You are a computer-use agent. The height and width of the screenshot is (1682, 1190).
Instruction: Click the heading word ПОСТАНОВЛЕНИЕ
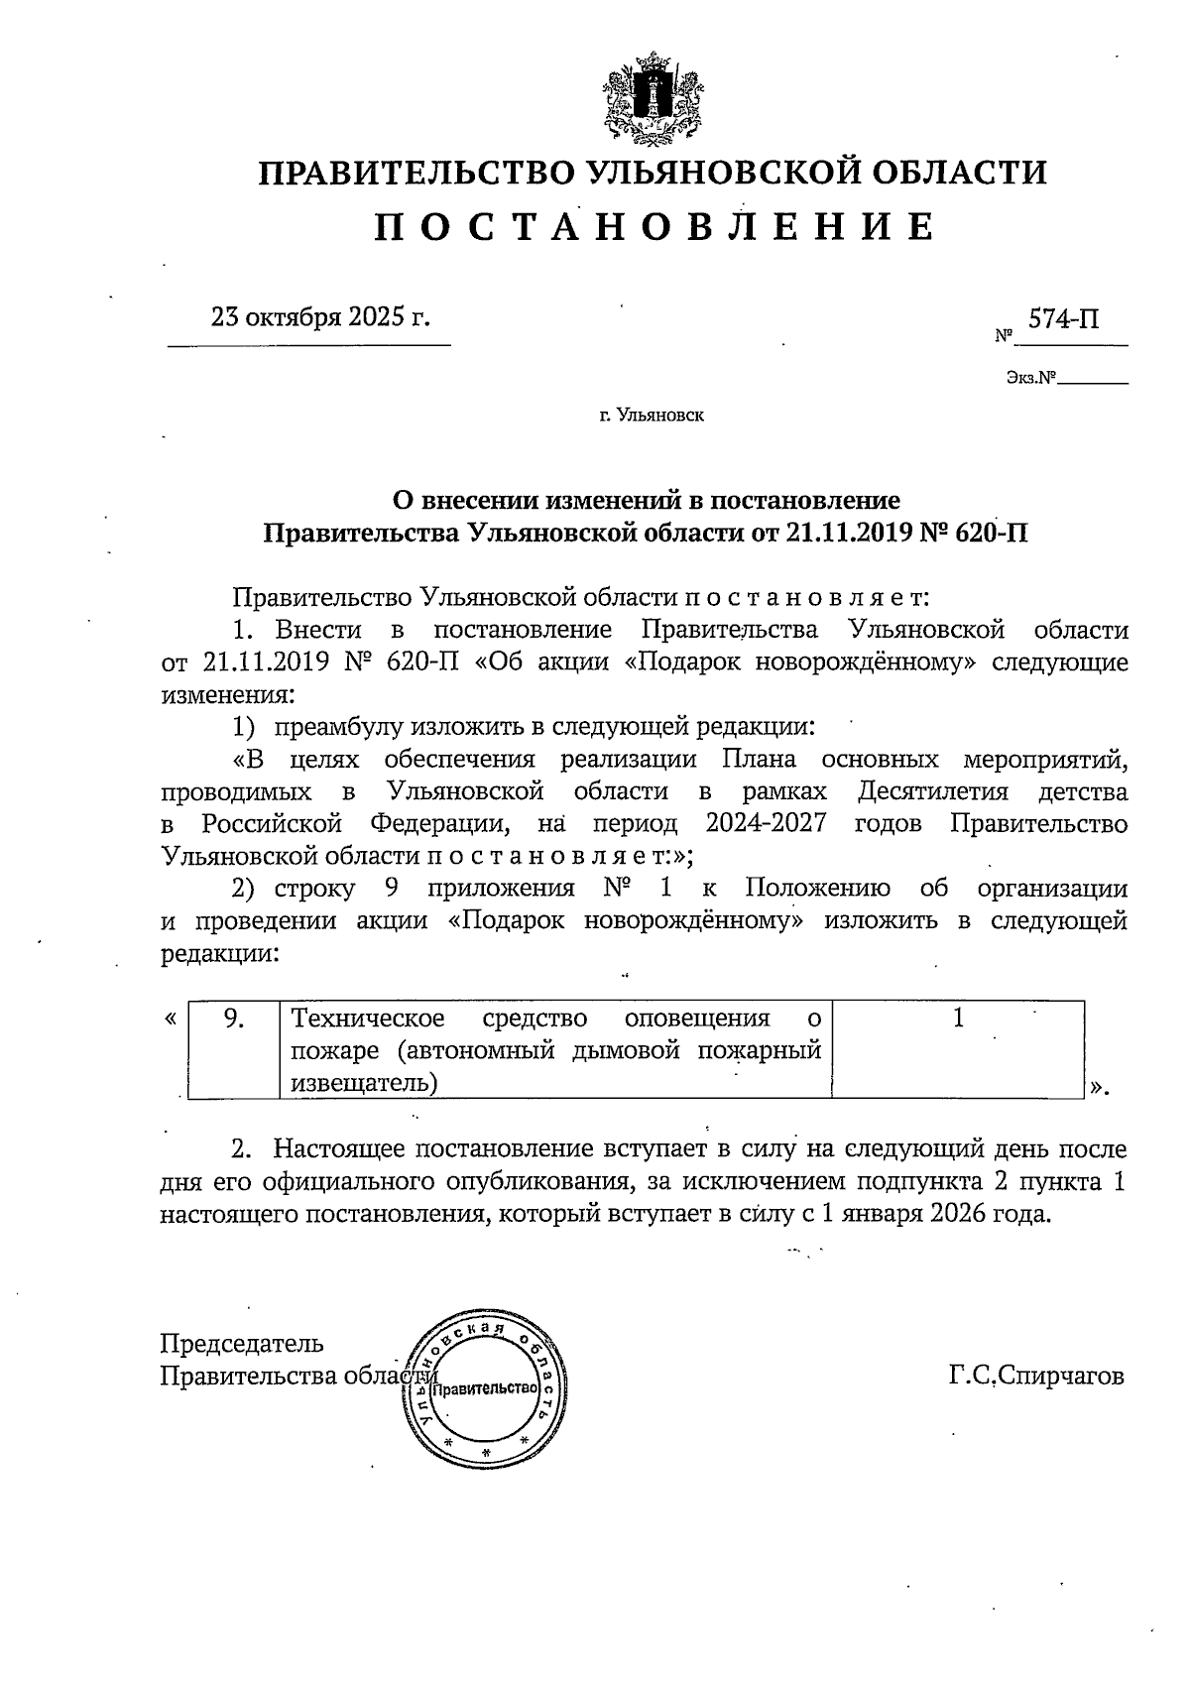tap(654, 227)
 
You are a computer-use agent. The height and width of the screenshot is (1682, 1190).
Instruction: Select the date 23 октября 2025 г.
tap(320, 317)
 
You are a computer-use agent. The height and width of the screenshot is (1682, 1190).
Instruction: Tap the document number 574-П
tap(1063, 319)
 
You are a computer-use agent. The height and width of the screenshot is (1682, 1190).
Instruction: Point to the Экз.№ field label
tap(1028, 378)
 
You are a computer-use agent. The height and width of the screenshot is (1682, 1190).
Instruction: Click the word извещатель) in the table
tap(364, 1082)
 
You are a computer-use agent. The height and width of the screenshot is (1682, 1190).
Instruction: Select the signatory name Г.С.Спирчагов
tap(1036, 1377)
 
